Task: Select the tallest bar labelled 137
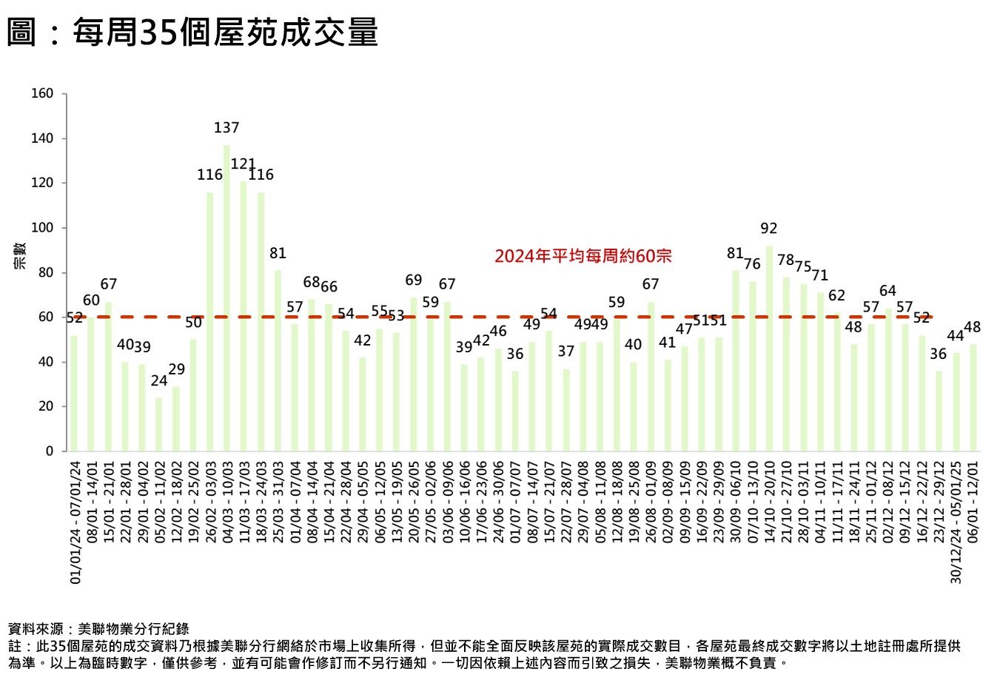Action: tap(226, 296)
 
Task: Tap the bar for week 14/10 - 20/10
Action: tap(769, 348)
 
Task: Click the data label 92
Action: tap(769, 229)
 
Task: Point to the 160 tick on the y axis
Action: tap(43, 93)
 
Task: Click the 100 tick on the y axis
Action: tap(43, 228)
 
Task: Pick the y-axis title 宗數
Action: tap(20, 255)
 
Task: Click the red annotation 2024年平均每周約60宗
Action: tap(583, 256)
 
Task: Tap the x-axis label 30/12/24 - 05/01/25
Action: tap(956, 522)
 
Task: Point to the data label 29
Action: tap(176, 369)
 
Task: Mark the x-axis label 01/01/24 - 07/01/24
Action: tap(75, 522)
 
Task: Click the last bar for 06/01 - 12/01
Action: tap(973, 397)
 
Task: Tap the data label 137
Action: tap(226, 128)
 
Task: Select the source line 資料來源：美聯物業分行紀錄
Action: tap(98, 629)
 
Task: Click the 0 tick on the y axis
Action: tap(50, 451)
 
